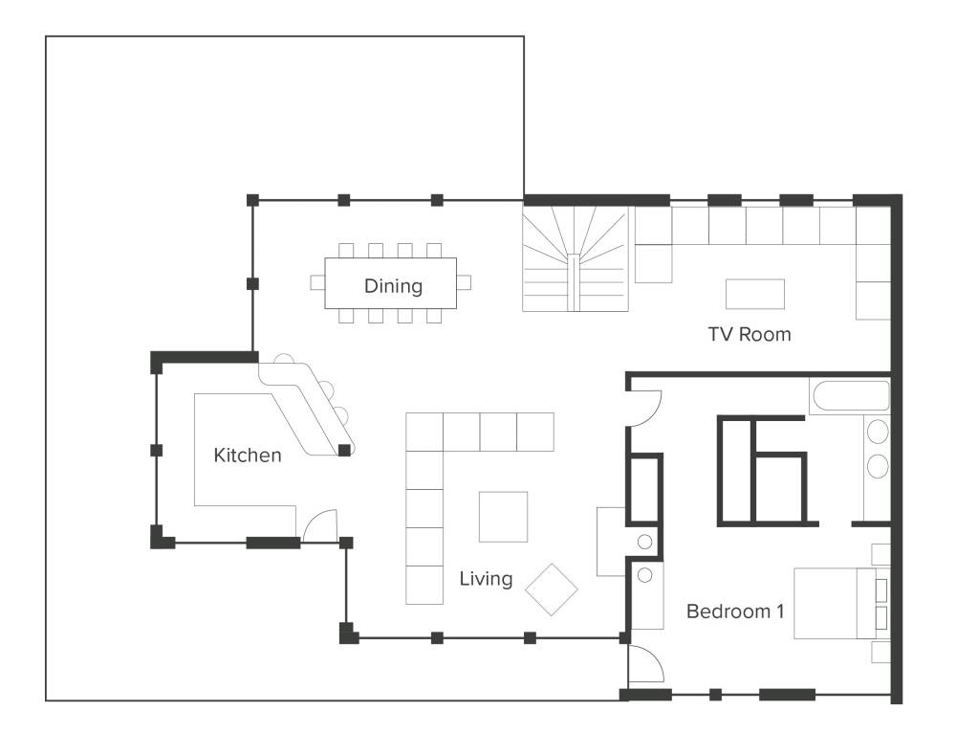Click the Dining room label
coord(393,285)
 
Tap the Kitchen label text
coord(248,455)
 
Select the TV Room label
coord(750,334)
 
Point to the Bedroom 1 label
coord(735,611)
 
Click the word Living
coord(486,578)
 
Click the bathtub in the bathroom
coord(850,396)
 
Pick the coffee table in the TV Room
coord(755,294)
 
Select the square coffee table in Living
coord(503,517)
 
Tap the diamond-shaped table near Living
coord(552,589)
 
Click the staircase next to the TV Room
coord(575,258)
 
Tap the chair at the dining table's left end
coord(317,282)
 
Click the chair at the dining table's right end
coord(464,282)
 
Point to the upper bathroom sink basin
coord(878,432)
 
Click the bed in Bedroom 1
coord(841,604)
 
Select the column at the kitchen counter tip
coord(344,451)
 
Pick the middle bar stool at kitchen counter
coord(327,389)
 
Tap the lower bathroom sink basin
coord(878,466)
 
